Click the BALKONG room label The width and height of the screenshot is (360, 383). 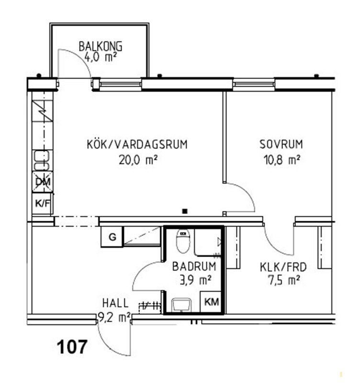[101, 46]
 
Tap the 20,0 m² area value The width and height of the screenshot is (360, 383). [138, 160]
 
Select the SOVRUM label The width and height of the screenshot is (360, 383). [281, 144]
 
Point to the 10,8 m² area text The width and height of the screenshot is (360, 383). [281, 160]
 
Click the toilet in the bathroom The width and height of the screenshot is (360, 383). [183, 241]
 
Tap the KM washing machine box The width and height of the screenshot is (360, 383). [211, 302]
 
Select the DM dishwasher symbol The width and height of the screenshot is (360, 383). [43, 182]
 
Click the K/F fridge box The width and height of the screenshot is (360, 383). [43, 203]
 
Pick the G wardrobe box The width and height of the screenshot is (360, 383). [112, 237]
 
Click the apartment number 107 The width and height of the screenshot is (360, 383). [72, 347]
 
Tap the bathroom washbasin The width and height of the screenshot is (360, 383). [181, 305]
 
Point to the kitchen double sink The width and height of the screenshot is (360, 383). [42, 160]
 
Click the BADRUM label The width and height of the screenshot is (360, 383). [194, 266]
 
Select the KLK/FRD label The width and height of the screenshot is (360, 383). [283, 267]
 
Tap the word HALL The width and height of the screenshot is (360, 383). [115, 303]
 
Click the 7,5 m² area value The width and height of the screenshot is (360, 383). [283, 280]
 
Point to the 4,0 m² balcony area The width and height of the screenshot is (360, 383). [101, 57]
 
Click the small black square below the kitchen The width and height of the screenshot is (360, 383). [185, 211]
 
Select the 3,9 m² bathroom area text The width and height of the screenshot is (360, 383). [195, 280]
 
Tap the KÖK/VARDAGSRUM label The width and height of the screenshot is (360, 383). [137, 144]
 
